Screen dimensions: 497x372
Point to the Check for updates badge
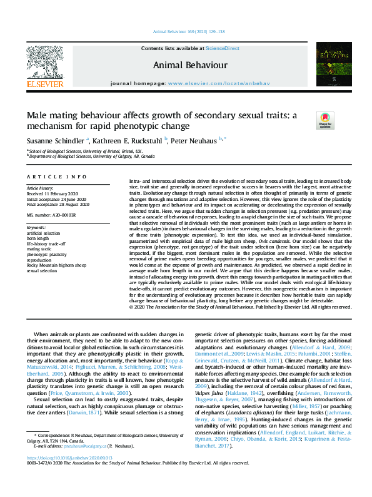tap(326, 120)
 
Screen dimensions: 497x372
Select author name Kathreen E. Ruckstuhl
tap(128, 141)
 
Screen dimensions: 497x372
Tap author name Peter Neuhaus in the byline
tap(194, 141)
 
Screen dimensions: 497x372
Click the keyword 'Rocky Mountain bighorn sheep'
tap(56, 265)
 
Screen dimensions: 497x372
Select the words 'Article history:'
tap(40, 188)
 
